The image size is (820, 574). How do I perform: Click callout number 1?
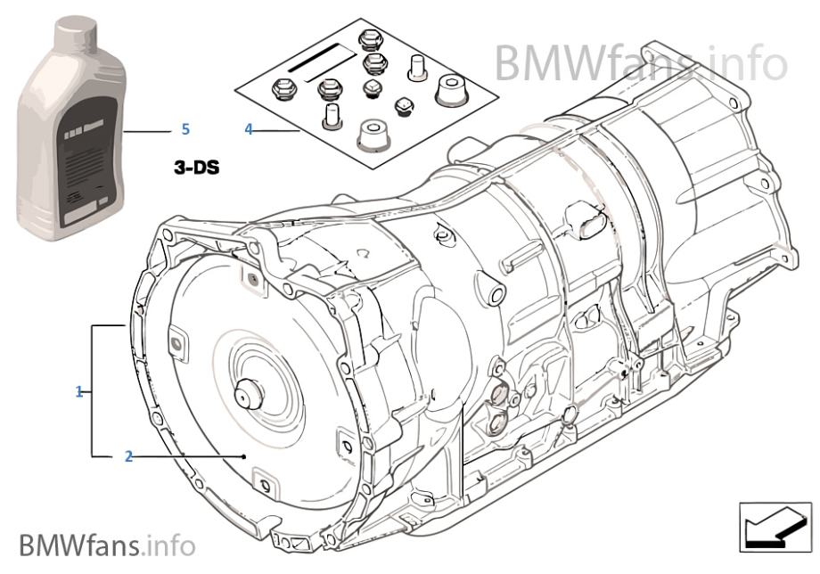tap(79, 391)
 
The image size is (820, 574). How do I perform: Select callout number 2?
tap(128, 456)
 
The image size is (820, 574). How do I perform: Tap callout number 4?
tap(249, 129)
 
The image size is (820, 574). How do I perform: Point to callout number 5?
tap(185, 129)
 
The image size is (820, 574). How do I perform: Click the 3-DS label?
tap(195, 166)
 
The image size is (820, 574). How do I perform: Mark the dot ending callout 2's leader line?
tap(244, 456)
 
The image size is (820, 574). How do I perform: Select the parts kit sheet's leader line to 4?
tap(277, 130)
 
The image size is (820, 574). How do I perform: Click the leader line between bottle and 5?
tap(146, 130)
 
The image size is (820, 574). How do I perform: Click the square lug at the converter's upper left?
tap(175, 340)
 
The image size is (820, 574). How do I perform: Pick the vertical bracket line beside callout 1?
tap(92, 391)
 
